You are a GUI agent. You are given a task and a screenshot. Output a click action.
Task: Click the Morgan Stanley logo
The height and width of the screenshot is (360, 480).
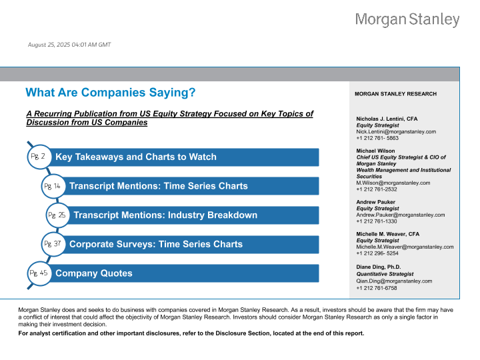click(407, 20)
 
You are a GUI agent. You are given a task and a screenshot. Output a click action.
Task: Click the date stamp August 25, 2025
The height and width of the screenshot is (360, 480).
click(69, 45)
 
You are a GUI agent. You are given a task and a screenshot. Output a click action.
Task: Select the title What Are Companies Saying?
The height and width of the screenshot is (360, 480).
click(110, 93)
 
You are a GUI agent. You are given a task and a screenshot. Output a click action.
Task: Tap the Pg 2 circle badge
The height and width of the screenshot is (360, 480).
click(38, 157)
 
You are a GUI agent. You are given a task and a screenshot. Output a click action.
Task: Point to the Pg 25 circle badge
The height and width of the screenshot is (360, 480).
click(57, 215)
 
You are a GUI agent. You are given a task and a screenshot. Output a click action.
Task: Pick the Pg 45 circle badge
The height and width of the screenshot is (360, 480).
click(38, 273)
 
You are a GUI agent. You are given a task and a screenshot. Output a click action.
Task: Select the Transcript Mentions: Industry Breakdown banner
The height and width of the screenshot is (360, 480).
click(193, 215)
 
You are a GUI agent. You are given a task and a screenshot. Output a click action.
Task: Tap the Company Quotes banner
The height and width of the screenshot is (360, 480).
click(180, 273)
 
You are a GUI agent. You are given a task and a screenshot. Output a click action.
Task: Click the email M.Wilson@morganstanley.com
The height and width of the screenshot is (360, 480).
click(393, 183)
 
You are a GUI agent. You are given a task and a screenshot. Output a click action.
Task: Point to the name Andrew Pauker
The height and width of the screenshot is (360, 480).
click(376, 202)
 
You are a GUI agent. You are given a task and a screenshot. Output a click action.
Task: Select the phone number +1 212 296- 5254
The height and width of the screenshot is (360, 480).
click(378, 253)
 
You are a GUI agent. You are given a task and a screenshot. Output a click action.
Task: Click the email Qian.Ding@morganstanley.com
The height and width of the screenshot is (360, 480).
click(395, 281)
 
